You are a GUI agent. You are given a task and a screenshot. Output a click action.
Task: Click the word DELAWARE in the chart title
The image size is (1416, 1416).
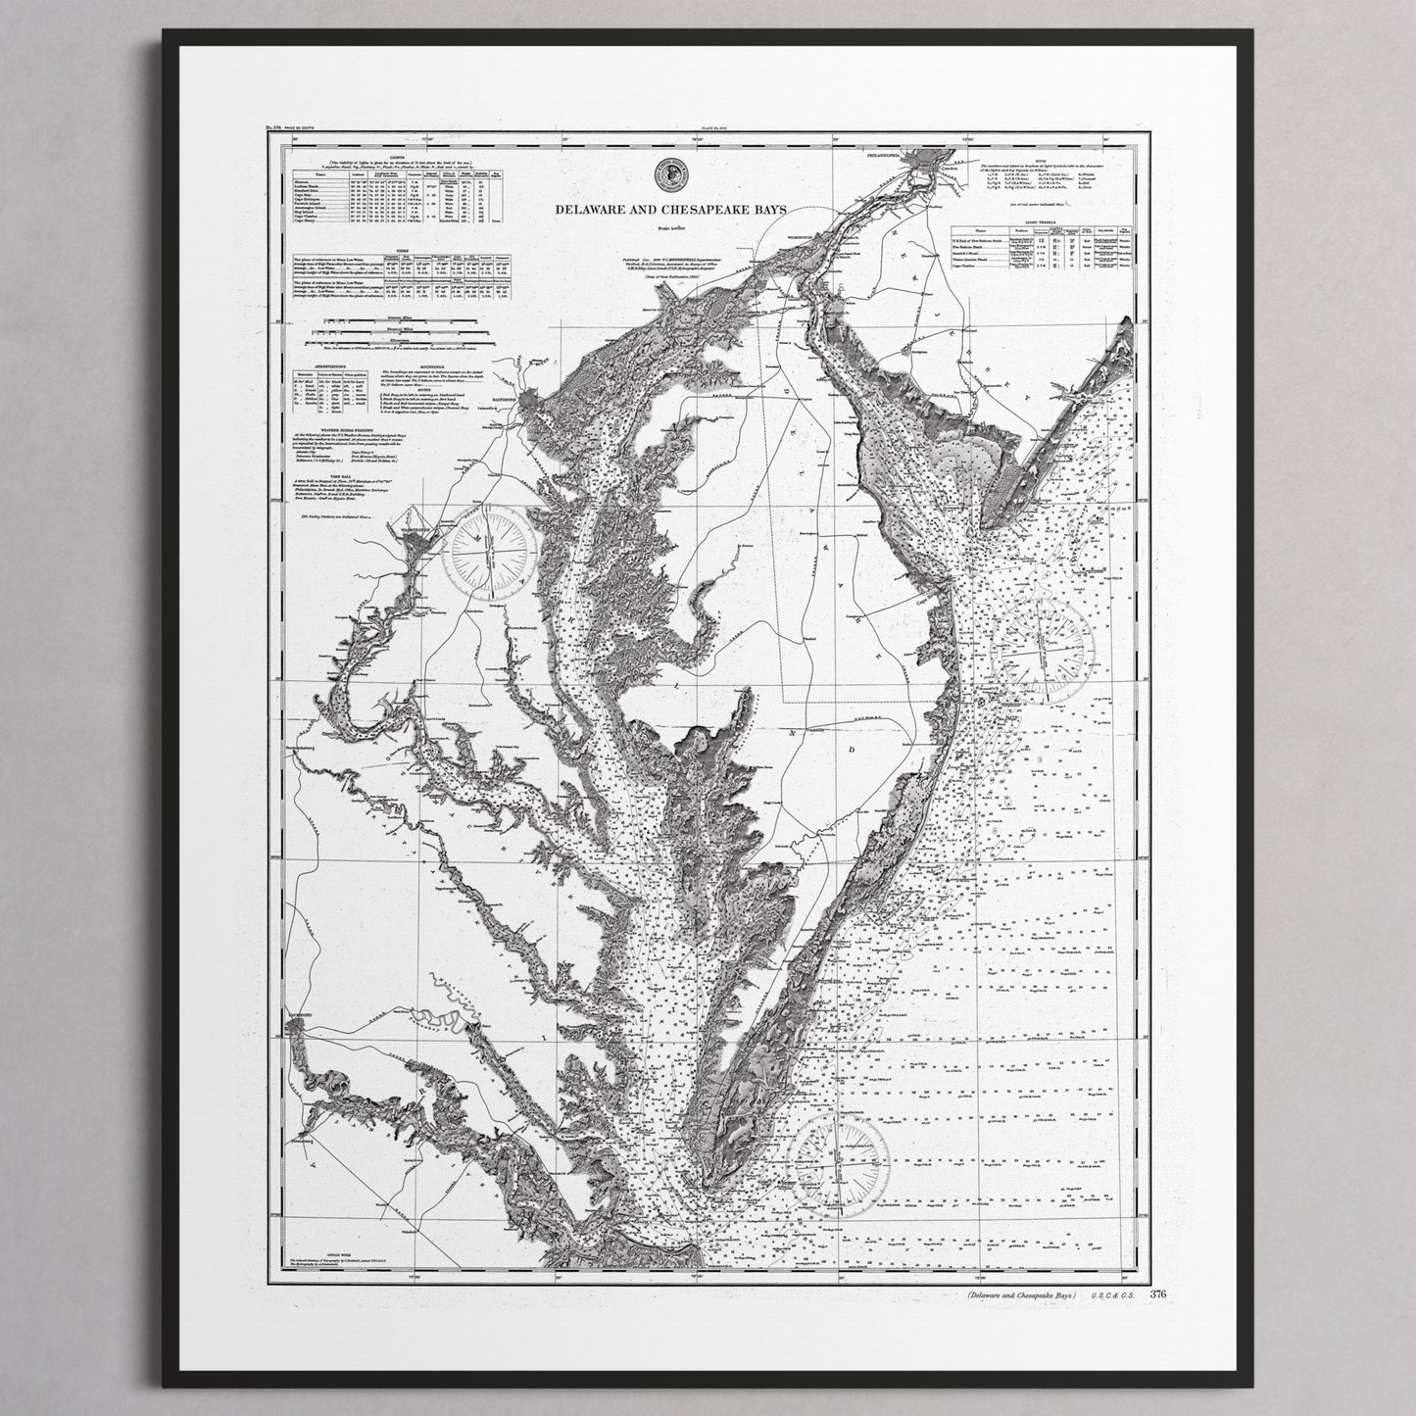click(589, 210)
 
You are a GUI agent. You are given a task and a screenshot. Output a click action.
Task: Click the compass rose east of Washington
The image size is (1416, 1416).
click(487, 555)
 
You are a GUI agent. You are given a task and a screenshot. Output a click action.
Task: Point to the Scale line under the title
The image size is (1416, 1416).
click(668, 229)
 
